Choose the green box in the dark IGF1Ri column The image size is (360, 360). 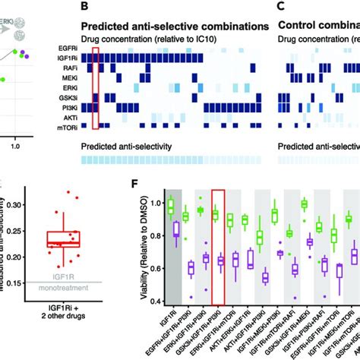[172, 207]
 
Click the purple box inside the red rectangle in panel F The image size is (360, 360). [221, 261]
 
